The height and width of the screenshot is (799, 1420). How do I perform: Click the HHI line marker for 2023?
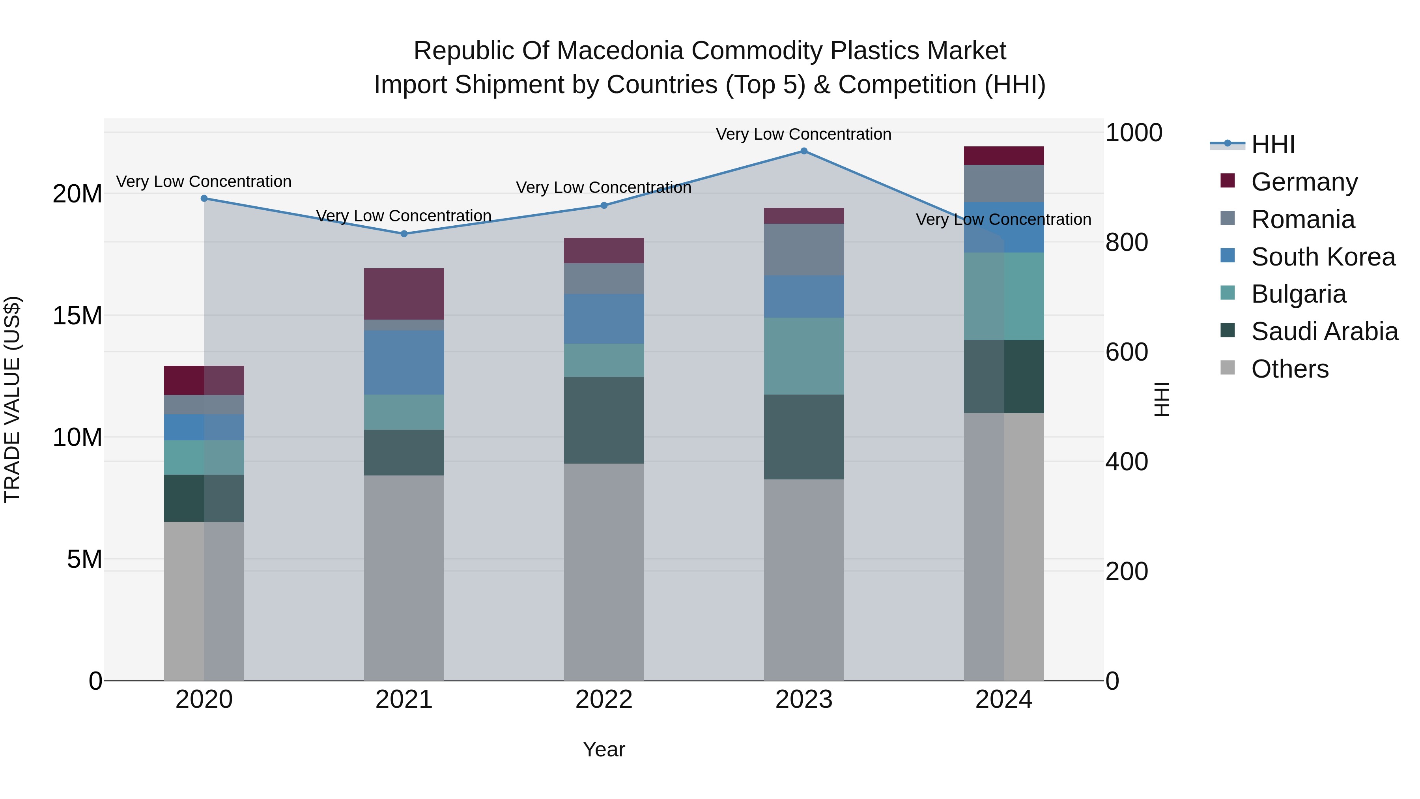pyautogui.click(x=804, y=151)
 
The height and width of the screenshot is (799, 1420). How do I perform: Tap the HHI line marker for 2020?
pyautogui.click(x=204, y=198)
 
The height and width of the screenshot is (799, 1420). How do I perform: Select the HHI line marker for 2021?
pyautogui.click(x=404, y=234)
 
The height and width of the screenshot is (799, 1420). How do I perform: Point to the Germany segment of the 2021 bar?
pyautogui.click(x=404, y=294)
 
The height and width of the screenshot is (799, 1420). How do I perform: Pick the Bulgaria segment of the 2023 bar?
pyautogui.click(x=804, y=356)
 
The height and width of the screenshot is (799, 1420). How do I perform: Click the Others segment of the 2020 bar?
pyautogui.click(x=204, y=601)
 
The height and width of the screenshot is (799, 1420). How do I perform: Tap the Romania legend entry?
pyautogui.click(x=1302, y=219)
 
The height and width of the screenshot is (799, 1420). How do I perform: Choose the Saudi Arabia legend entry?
pyautogui.click(x=1323, y=331)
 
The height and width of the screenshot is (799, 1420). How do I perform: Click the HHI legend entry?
pyautogui.click(x=1272, y=144)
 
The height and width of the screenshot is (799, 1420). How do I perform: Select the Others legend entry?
pyautogui.click(x=1289, y=369)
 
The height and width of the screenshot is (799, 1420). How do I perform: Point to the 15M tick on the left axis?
pyautogui.click(x=77, y=316)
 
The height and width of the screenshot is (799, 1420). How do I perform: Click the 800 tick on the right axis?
pyautogui.click(x=1127, y=242)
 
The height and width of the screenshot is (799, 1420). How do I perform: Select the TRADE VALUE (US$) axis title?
pyautogui.click(x=12, y=399)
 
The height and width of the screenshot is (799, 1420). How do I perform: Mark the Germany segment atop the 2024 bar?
pyautogui.click(x=1004, y=155)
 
